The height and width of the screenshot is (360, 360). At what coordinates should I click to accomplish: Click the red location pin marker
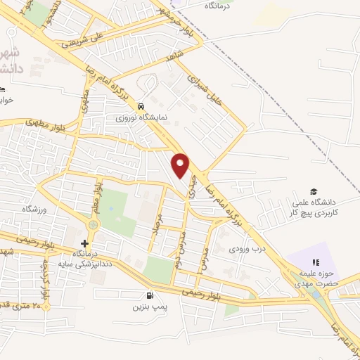(181, 165)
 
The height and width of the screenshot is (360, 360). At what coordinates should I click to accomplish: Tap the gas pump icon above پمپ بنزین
(148, 296)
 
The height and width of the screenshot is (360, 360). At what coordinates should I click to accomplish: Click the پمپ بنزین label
(148, 307)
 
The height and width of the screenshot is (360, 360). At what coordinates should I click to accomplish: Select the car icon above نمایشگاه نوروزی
(141, 106)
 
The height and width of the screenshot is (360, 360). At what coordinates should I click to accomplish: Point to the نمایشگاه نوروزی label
(141, 117)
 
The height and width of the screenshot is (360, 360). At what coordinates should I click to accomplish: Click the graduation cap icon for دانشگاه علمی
(314, 191)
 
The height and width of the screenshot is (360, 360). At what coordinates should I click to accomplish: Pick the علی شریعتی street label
(88, 38)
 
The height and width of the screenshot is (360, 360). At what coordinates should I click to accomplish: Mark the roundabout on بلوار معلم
(92, 224)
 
